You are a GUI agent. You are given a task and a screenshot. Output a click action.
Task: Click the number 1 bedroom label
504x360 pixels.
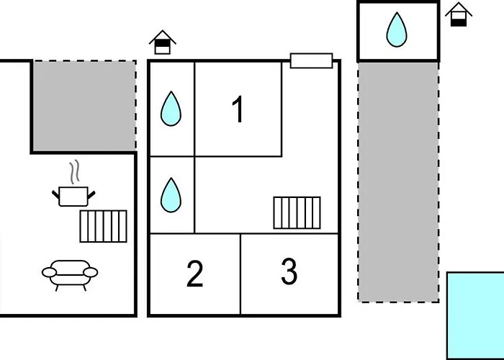(x=238, y=109)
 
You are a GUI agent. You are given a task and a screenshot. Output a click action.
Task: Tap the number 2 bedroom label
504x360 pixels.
(x=194, y=274)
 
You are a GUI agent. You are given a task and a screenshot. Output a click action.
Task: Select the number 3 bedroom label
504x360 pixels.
(x=289, y=272)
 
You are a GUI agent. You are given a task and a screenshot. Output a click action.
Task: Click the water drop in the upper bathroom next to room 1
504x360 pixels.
(x=171, y=109)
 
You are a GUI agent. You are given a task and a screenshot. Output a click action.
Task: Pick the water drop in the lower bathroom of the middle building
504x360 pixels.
(x=171, y=195)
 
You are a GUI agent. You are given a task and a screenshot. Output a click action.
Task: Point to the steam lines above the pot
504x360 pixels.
(x=73, y=173)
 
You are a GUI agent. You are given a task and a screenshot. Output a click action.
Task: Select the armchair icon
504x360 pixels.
(x=70, y=274)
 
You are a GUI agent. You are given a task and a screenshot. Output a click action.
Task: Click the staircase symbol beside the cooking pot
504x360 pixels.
(x=103, y=226)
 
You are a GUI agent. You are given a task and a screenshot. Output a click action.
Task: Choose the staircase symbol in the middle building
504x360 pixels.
(x=297, y=212)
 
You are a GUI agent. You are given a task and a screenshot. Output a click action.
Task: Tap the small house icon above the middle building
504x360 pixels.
(x=163, y=42)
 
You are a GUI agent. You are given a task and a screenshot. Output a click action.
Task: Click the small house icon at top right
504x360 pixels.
(x=458, y=14)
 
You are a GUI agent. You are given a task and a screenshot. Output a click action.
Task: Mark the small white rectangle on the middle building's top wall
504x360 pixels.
(x=311, y=60)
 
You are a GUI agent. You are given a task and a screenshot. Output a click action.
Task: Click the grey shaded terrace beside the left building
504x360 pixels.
(x=84, y=106)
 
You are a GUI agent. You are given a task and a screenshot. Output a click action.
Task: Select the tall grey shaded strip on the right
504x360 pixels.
(x=398, y=180)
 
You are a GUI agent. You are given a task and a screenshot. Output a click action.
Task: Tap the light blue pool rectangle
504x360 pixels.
(x=475, y=315)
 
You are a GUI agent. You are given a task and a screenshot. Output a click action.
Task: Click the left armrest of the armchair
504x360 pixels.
(x=48, y=272)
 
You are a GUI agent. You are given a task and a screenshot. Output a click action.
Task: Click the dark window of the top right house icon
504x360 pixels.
(x=458, y=19)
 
